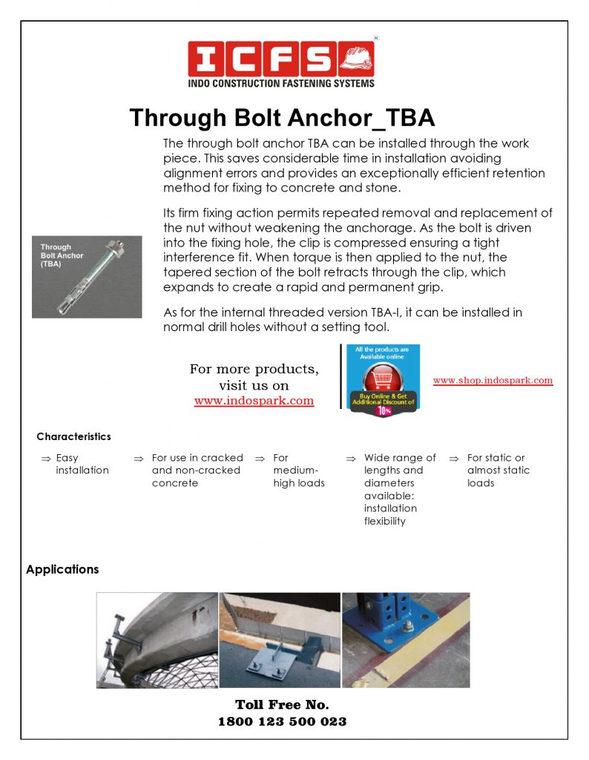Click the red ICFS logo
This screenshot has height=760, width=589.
[x=281, y=59]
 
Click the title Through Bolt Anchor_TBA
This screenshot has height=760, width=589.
[x=282, y=118]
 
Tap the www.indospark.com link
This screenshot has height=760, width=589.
[x=254, y=401]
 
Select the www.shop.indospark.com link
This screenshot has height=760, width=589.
[x=493, y=380]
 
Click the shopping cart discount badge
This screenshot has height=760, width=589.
[x=384, y=380]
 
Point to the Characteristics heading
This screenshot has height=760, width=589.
[x=73, y=436]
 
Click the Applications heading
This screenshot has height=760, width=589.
[x=62, y=569]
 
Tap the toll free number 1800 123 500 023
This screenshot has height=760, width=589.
[x=282, y=721]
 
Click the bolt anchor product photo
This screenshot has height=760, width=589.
[x=87, y=277]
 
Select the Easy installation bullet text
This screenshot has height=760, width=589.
[x=82, y=464]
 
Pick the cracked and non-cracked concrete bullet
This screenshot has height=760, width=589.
[x=197, y=471]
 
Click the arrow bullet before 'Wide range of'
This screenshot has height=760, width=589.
[x=352, y=459]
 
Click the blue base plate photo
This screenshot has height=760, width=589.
[x=406, y=640]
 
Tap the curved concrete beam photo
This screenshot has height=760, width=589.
[x=157, y=640]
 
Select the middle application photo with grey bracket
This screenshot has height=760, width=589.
[x=280, y=640]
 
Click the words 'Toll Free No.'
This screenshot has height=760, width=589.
[x=282, y=704]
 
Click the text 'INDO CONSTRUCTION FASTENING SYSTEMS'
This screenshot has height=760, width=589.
[x=281, y=84]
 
